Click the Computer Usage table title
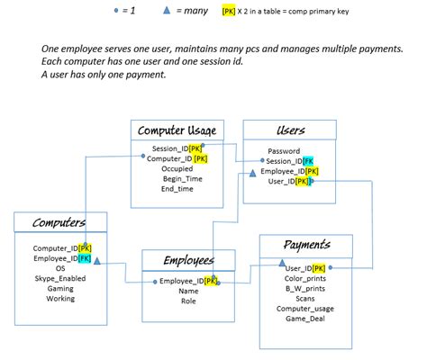[177, 130]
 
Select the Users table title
[290, 130]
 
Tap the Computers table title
[59, 223]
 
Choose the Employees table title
[188, 261]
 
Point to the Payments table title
[306, 245]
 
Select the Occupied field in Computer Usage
[177, 168]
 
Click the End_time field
[177, 189]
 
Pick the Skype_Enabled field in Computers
[60, 278]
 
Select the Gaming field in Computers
[60, 288]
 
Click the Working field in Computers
[60, 298]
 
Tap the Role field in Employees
[187, 301]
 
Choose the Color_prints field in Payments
[305, 278]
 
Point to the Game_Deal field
[305, 319]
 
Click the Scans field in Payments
[305, 298]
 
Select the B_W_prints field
[305, 288]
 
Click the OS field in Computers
[60, 268]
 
